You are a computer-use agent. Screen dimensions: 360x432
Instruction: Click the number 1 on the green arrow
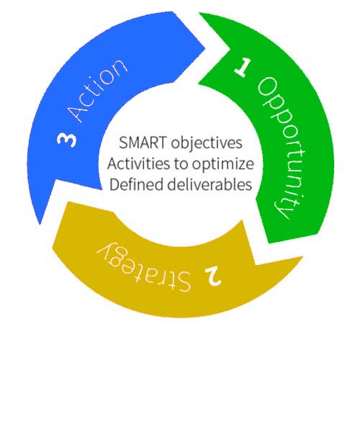pyautogui.click(x=243, y=67)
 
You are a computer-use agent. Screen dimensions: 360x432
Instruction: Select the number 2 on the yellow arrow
pyautogui.click(x=213, y=276)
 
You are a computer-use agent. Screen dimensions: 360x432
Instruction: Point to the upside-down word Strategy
pyautogui.click(x=144, y=265)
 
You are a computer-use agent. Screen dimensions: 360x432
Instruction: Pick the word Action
pyautogui.click(x=98, y=91)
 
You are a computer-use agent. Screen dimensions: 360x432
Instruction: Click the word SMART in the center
pyautogui.click(x=143, y=143)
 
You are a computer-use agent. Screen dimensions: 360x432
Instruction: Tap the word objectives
pyautogui.click(x=207, y=143)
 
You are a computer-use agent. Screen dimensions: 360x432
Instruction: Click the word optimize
pyautogui.click(x=222, y=164)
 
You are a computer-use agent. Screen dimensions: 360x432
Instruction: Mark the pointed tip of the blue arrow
pyautogui.click(x=40, y=224)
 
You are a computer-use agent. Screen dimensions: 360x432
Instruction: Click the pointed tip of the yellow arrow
pyautogui.click(x=302, y=257)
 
